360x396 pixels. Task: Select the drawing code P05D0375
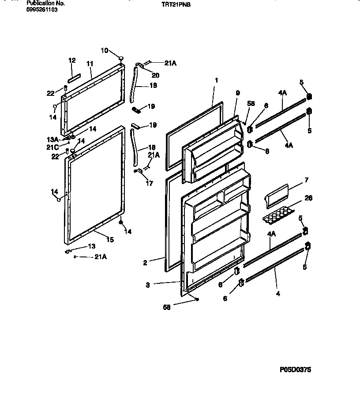coord(295,370)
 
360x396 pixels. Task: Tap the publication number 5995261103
coord(42,9)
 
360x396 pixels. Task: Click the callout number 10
coord(104,50)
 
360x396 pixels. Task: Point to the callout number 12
coord(72,60)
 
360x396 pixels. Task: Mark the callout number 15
coord(110,240)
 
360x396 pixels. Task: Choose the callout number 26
coord(308,198)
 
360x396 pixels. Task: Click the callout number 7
coord(306,180)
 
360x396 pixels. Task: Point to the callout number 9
coord(237,93)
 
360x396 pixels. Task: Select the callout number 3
coord(148,285)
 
